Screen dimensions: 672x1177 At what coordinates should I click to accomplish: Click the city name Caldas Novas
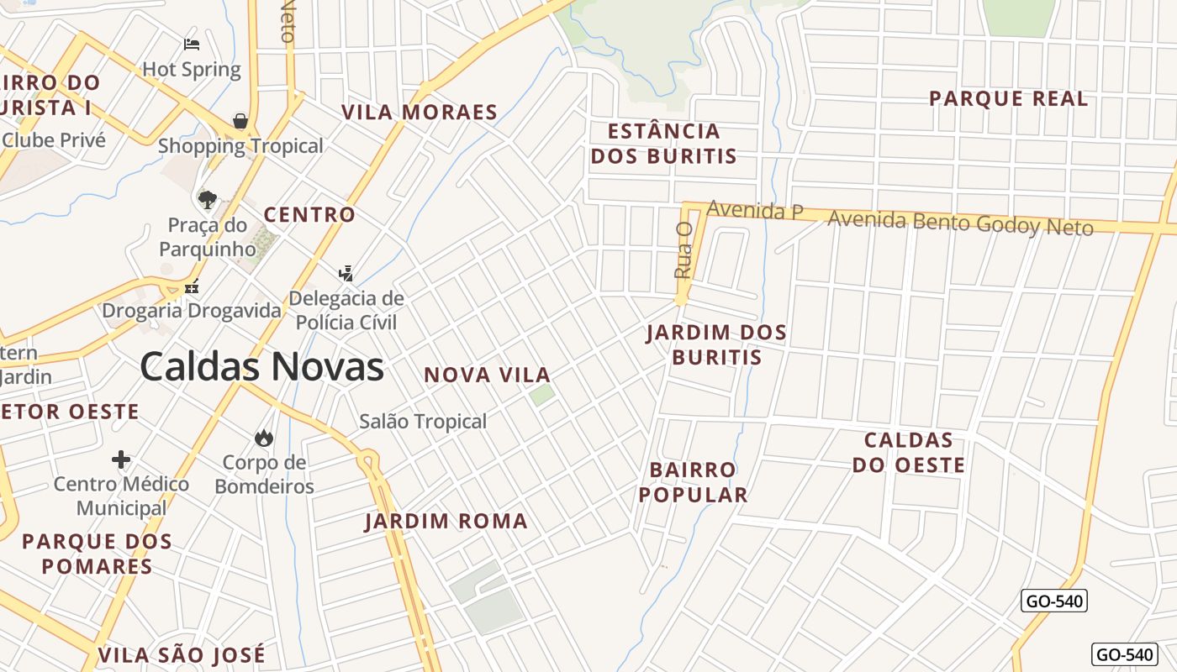[261, 367]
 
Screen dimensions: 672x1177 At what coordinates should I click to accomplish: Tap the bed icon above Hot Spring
[192, 44]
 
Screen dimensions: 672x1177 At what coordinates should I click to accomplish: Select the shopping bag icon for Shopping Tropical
[240, 121]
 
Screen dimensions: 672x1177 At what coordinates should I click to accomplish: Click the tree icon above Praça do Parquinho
[207, 199]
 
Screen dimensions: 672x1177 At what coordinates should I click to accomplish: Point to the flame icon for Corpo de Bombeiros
[264, 438]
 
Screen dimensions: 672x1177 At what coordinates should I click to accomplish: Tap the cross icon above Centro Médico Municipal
[121, 459]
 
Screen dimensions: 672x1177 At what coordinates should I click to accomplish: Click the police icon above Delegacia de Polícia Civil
[346, 273]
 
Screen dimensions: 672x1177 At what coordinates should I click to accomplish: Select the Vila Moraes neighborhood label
[420, 113]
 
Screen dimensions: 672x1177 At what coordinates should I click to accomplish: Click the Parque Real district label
[1008, 99]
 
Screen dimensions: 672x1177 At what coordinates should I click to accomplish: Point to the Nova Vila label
[488, 375]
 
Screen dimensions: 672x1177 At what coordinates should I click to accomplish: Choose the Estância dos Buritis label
[663, 143]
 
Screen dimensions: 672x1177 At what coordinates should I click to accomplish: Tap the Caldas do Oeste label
[909, 452]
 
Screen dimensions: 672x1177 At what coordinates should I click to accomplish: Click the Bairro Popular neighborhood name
[693, 481]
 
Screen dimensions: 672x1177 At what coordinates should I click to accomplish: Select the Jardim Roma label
[446, 521]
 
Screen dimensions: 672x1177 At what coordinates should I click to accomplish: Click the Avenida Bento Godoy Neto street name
[960, 223]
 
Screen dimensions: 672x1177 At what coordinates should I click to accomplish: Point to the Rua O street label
[684, 250]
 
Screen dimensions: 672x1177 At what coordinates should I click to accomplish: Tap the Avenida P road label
[755, 210]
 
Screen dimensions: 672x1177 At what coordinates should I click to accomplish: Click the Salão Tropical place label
[423, 421]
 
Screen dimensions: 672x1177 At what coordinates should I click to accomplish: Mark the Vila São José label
[182, 654]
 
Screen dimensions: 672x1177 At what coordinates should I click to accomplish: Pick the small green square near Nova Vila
[542, 394]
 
